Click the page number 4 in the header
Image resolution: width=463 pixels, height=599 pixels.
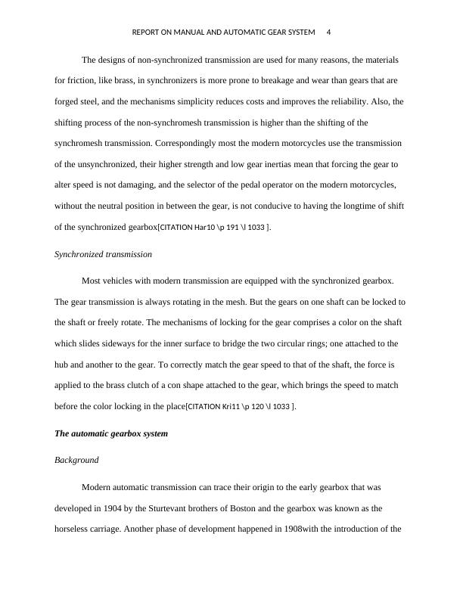[x=328, y=33]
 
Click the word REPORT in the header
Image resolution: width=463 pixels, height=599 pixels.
[x=147, y=33]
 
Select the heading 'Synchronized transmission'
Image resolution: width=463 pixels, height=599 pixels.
[x=103, y=254]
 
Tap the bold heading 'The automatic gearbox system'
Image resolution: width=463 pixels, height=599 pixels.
[x=111, y=434]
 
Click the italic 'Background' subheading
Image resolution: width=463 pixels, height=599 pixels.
[x=76, y=460]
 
